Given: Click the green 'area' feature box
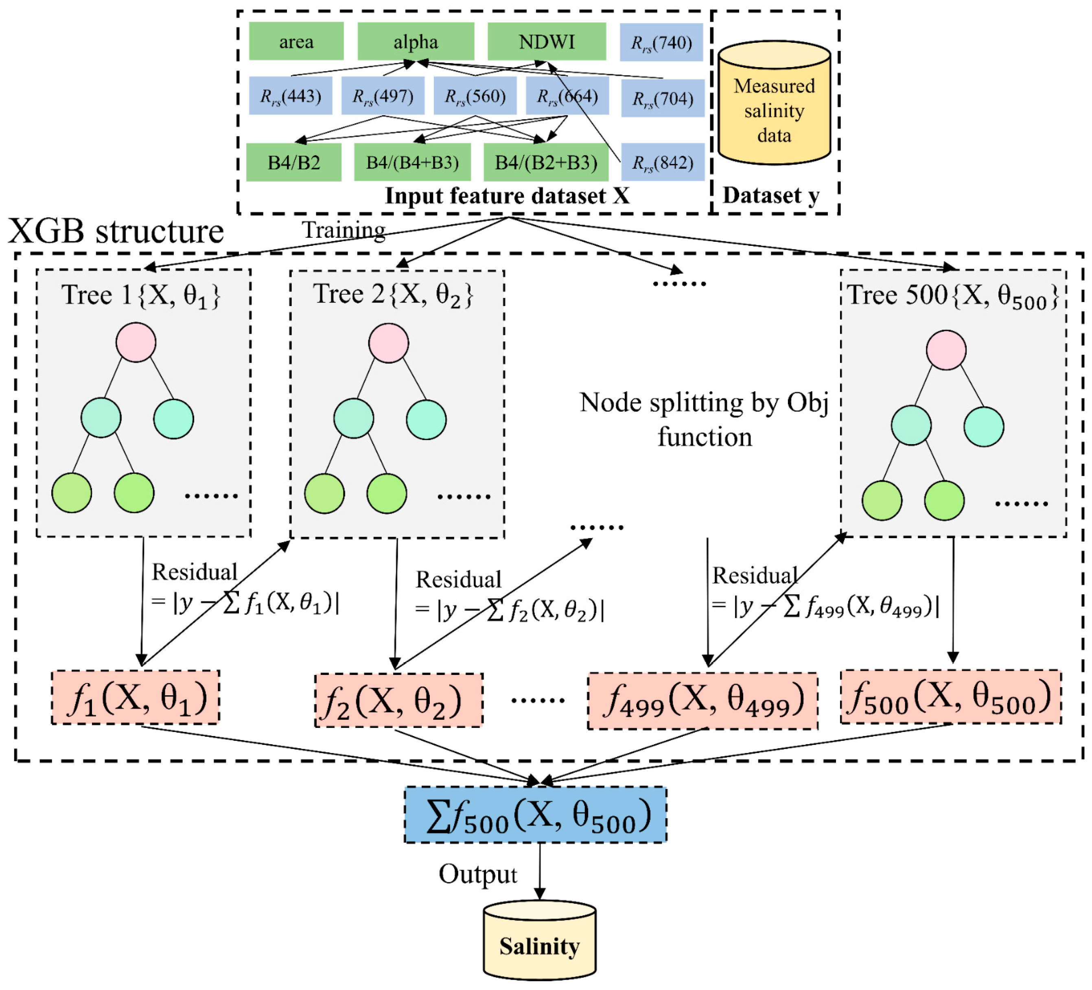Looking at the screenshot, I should coord(296,41).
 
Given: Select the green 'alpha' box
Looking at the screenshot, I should coord(416,41).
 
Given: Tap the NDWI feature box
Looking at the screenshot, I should coord(546,41).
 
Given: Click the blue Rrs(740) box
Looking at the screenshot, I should coord(661,42).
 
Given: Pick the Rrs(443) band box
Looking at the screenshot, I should coord(290,96).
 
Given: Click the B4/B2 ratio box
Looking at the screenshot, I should coord(293,162).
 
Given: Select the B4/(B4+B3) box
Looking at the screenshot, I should coord(412,162).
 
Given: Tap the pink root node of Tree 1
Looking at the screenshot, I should coord(136,342).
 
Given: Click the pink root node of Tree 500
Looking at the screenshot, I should coord(946,350).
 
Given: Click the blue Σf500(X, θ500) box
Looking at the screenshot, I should coord(535,815).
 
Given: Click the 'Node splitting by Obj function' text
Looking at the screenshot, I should coord(704,419).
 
